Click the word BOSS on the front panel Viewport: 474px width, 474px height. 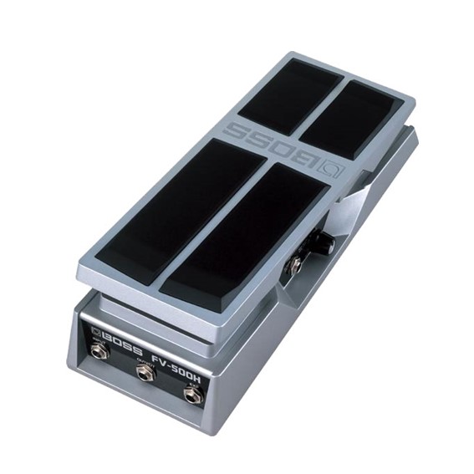pos(122,344)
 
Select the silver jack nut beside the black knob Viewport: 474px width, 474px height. pos(295,267)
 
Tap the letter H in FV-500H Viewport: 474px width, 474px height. pos(200,380)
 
